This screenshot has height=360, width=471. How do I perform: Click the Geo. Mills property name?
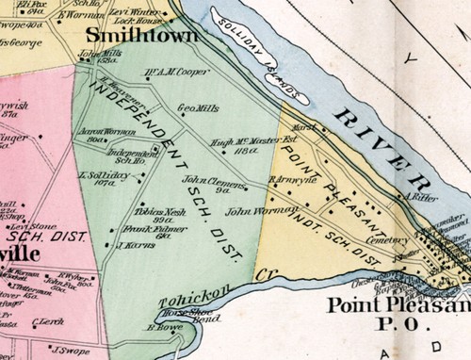point(198,108)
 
